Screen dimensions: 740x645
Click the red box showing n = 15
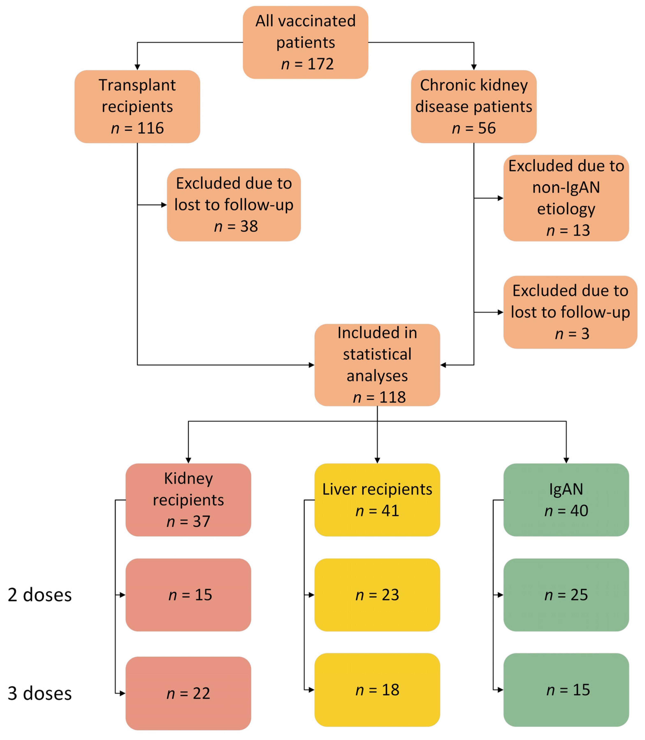[x=188, y=595]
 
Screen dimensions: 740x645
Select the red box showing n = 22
[x=188, y=693]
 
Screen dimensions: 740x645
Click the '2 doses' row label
[x=39, y=595]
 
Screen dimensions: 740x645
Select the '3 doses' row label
[x=39, y=693]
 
